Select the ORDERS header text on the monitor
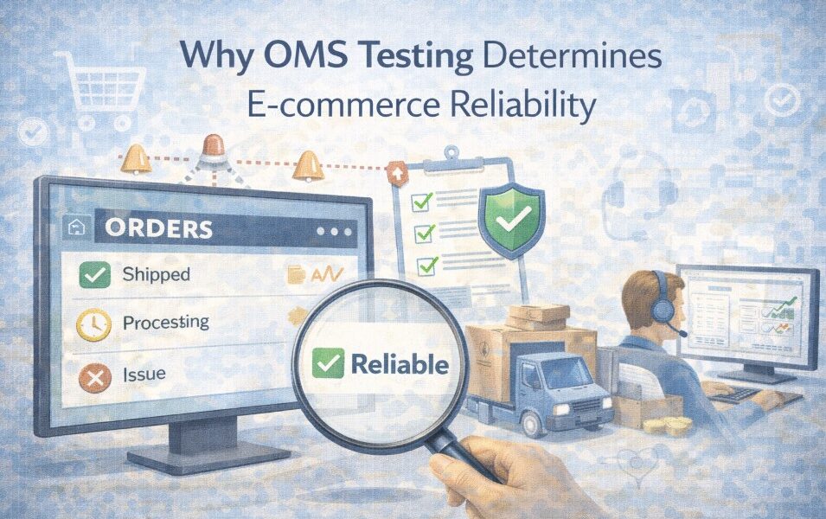click(x=157, y=230)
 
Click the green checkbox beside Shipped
click(x=92, y=276)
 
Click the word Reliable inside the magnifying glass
click(x=399, y=364)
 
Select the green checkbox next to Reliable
click(x=326, y=364)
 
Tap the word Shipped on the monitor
click(x=156, y=274)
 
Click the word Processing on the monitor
click(x=166, y=323)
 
